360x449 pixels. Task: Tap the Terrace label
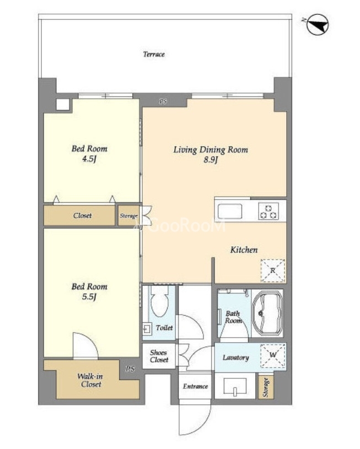click(x=154, y=54)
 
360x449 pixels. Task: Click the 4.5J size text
click(x=89, y=159)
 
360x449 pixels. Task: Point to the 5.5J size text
click(x=89, y=296)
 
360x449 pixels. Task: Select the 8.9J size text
click(x=211, y=160)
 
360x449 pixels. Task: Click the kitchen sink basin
click(x=230, y=212)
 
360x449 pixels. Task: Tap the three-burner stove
click(x=268, y=212)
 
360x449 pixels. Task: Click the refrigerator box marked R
click(x=273, y=271)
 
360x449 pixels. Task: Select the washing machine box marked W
click(x=273, y=356)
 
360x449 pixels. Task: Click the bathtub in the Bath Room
click(x=268, y=313)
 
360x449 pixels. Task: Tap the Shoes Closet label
click(x=159, y=356)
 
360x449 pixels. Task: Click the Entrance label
click(x=196, y=386)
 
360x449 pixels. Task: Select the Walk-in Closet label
click(x=90, y=380)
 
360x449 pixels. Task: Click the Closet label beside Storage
click(x=83, y=215)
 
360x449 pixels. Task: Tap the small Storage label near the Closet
click(x=128, y=216)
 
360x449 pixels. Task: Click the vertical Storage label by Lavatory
click(x=266, y=387)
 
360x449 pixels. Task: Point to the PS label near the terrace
click(x=163, y=101)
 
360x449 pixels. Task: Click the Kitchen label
click(x=244, y=250)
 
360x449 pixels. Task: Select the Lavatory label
click(x=235, y=358)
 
